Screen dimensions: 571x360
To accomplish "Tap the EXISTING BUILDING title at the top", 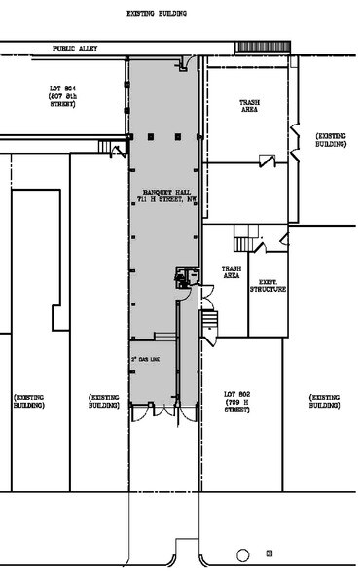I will click(x=157, y=14).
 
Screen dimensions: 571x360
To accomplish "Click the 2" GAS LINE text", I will click(x=145, y=360).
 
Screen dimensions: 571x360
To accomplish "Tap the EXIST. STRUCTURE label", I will click(x=267, y=286).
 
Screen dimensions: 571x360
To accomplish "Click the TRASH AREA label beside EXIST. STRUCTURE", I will click(x=232, y=272).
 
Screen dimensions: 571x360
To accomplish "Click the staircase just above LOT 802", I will click(x=207, y=322).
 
